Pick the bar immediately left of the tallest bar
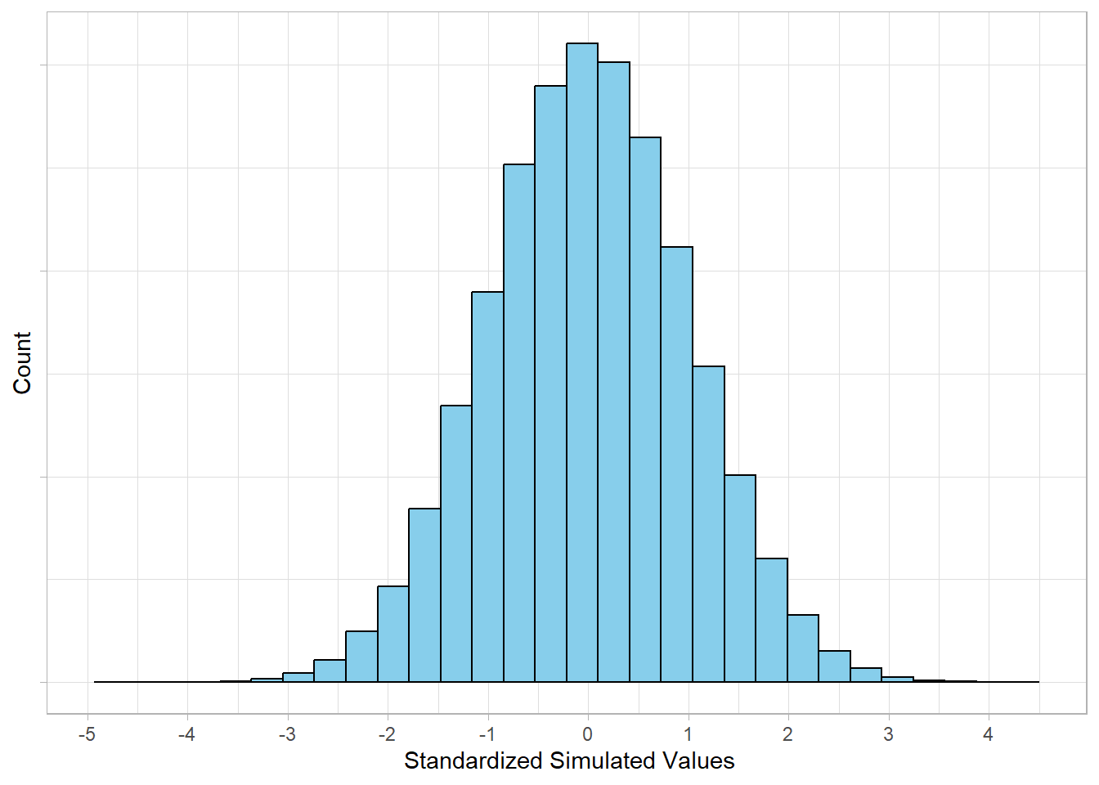(x=550, y=384)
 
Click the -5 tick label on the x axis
(x=87, y=734)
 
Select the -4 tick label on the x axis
(x=186, y=734)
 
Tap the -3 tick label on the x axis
(x=287, y=734)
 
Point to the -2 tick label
(x=387, y=734)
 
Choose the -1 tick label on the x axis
(x=487, y=734)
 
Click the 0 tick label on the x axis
(x=588, y=734)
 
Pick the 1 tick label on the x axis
(x=688, y=734)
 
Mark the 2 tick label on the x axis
(x=787, y=734)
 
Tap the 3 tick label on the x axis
(x=888, y=734)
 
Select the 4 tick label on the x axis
(x=988, y=734)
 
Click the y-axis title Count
(x=22, y=362)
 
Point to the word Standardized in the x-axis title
(x=473, y=761)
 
